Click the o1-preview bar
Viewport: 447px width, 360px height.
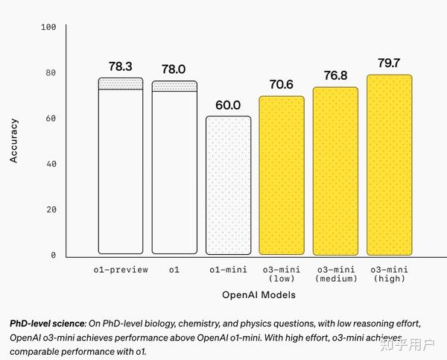(x=121, y=171)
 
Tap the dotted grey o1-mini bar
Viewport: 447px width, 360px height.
(x=228, y=186)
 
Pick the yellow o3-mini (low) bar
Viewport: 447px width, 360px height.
(x=282, y=175)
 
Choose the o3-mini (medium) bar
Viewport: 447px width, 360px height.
(x=335, y=171)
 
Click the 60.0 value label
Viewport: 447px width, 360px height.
(x=228, y=105)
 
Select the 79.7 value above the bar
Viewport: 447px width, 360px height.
(x=390, y=63)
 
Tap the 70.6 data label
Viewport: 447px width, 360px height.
(x=281, y=85)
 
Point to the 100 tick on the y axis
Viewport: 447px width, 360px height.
(x=49, y=28)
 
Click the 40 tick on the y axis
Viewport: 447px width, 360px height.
(x=51, y=164)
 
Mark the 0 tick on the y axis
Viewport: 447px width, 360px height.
(x=54, y=255)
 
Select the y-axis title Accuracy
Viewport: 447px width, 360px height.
(x=13, y=141)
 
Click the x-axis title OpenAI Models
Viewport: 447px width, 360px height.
(x=259, y=295)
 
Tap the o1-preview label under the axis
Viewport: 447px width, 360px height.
(x=121, y=269)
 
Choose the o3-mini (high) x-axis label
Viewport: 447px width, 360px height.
(x=389, y=274)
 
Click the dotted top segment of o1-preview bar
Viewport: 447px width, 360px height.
(x=121, y=83)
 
